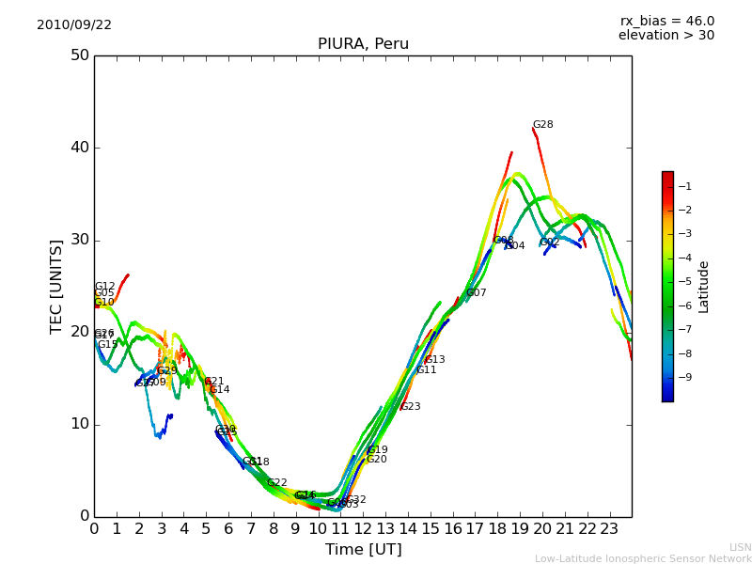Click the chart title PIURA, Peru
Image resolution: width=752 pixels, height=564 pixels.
point(363,44)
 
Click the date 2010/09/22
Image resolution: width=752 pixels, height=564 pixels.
point(74,25)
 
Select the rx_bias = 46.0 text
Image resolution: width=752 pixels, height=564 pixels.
point(666,21)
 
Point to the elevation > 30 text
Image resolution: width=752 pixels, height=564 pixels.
point(666,36)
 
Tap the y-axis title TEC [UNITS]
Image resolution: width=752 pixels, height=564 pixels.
point(57,286)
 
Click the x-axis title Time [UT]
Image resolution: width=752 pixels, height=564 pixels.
point(363,550)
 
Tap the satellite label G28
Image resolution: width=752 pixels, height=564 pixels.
point(542,125)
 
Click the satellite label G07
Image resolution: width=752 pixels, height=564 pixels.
point(477,293)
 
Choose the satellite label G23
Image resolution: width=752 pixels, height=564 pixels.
point(411,407)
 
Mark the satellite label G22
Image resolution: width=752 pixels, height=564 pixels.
point(277,483)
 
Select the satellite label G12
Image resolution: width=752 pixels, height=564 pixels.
point(104,287)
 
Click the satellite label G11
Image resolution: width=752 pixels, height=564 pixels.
point(427,370)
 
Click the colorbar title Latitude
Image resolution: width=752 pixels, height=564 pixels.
point(704,287)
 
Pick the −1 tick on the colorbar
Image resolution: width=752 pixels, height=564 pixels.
point(685,187)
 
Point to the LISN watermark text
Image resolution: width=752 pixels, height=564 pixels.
point(740,547)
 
